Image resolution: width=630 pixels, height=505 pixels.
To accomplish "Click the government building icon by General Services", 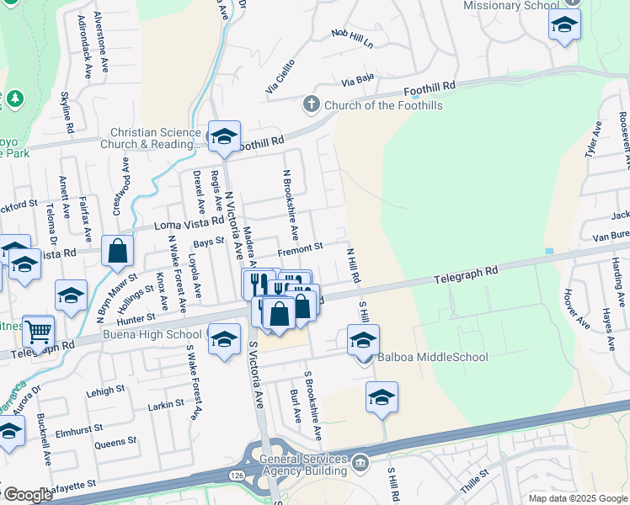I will point(360,462).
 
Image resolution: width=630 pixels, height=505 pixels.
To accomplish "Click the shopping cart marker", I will point(38,332).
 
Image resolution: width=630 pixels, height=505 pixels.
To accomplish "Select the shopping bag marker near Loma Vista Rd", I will point(118,251).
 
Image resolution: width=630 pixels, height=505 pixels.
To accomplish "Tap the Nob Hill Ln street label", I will point(352,38).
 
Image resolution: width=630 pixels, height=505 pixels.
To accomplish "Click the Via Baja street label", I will point(357,82).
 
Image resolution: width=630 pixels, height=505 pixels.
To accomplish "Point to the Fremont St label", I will point(301,247).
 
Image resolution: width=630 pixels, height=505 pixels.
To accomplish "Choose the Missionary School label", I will point(511,6).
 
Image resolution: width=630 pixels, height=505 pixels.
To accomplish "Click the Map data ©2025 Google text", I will point(578,498).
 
